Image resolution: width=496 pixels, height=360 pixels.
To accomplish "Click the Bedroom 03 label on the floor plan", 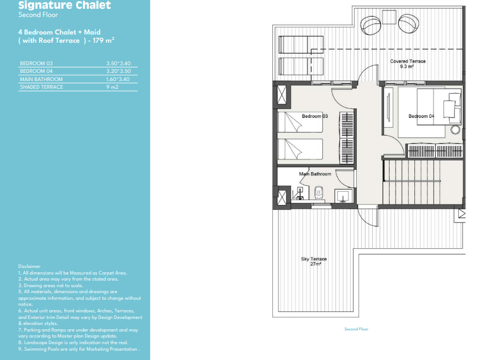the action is click(315, 116).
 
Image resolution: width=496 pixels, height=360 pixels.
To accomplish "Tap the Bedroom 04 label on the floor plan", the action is click(421, 116).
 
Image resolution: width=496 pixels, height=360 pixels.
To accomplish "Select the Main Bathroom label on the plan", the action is click(315, 174).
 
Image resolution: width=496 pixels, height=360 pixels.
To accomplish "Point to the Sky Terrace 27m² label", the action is click(314, 261).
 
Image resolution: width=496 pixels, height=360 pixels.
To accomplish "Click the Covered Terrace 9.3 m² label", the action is click(408, 64).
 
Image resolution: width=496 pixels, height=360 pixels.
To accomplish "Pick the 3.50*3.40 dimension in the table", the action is click(118, 63).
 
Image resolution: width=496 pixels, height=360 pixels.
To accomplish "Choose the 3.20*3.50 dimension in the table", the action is click(118, 71).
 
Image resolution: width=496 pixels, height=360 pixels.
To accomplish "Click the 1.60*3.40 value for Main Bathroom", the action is click(118, 79).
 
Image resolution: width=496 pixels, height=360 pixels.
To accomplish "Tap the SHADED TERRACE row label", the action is click(42, 87).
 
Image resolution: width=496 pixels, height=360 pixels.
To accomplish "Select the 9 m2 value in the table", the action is click(112, 87).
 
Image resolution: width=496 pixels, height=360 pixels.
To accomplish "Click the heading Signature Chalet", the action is click(65, 5).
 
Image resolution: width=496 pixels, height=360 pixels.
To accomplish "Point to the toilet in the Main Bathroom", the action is click(319, 193).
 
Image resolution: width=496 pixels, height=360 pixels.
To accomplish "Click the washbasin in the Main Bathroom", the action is click(343, 196).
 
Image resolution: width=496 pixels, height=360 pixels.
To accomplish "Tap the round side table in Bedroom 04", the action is click(455, 130).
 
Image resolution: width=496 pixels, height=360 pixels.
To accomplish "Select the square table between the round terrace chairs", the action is click(389, 17).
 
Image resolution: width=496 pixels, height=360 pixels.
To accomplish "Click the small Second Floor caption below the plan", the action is click(356, 329).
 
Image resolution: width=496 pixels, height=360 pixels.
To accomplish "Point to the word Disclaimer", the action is click(29, 266).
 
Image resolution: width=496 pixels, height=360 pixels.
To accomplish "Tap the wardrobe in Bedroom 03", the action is click(347, 138).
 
